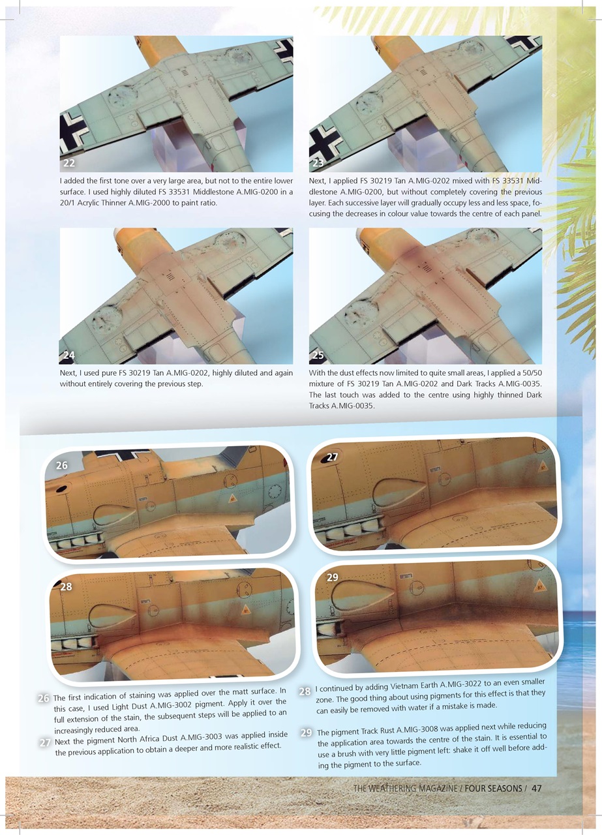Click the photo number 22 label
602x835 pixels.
coord(69,163)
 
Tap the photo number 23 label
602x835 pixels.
coord(318,163)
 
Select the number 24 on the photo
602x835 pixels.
coord(69,356)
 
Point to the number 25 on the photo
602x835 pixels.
coord(318,356)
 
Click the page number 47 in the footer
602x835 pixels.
coord(537,789)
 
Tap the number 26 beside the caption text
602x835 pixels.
coord(44,699)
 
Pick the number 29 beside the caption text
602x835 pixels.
coord(306,733)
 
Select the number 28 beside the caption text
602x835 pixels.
coord(305,691)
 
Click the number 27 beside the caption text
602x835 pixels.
coord(45,743)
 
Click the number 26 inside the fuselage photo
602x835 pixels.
coord(62,466)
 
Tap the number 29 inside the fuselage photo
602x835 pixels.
coord(332,578)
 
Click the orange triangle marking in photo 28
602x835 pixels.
coord(245,611)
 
